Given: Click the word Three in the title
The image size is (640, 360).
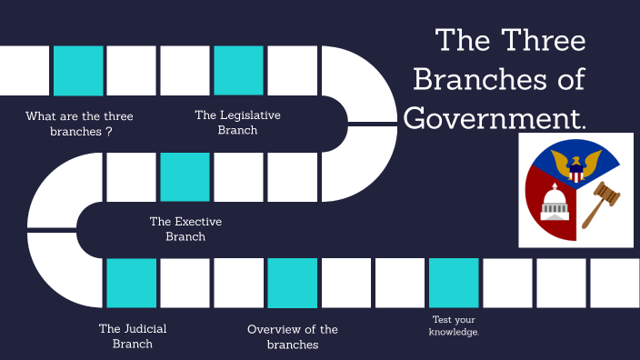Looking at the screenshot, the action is coord(543,41).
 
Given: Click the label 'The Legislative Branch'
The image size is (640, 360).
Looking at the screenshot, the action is coord(237,122).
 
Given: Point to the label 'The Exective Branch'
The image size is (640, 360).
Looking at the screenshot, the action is coord(185,228).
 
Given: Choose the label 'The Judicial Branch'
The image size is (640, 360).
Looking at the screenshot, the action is coord(133,335).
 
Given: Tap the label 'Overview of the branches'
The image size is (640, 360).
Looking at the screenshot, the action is coord(292,336).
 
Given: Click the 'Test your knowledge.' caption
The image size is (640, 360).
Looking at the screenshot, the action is coord(453,325).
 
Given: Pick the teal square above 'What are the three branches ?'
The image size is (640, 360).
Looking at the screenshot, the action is coord(78,70).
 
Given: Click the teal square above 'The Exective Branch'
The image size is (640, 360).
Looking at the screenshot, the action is coord(185,176).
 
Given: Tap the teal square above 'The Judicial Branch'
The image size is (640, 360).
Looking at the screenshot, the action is coord(132,283).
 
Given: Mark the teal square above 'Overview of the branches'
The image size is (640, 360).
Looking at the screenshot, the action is coord(293,283).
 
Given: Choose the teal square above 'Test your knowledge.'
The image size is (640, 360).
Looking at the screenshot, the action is coord(454,283).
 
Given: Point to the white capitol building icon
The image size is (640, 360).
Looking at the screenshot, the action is coord(554,204).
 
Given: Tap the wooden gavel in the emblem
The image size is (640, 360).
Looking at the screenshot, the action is coord(597,202).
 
